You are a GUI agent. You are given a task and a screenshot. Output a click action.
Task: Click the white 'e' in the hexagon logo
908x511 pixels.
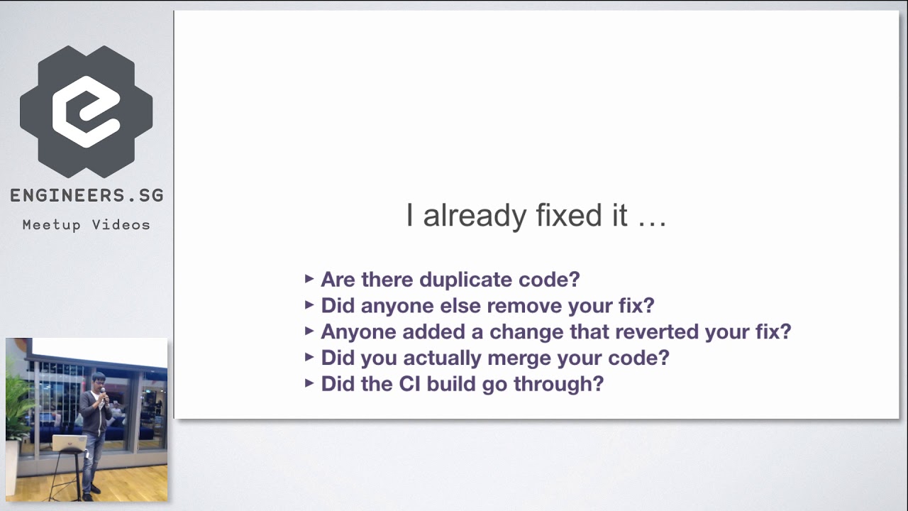pos(86,111)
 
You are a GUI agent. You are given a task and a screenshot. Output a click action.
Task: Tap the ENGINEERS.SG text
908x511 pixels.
pos(87,196)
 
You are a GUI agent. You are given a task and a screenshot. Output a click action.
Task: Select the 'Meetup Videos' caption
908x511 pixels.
pos(87,225)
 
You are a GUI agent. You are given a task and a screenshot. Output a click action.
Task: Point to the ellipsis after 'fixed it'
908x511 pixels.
pos(652,216)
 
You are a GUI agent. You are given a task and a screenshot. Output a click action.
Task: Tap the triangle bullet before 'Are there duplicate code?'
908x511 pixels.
pos(309,279)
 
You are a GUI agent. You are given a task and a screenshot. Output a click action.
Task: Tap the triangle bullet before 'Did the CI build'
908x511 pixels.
pos(309,383)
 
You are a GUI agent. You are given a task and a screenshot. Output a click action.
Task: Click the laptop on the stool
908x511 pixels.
pos(69,444)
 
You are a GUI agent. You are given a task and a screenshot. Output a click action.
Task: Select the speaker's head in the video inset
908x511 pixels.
pos(99,380)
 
